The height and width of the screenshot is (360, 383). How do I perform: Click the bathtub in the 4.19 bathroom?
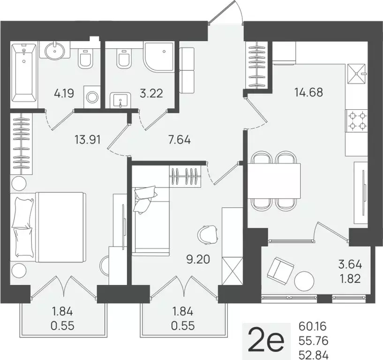tap(23, 73)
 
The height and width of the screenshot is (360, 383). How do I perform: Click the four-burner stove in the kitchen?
tap(357, 120)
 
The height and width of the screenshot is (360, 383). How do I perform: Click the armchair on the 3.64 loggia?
tap(280, 270)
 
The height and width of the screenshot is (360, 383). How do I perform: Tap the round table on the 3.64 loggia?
tap(305, 281)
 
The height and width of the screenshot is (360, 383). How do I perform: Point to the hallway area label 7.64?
tap(180, 139)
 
